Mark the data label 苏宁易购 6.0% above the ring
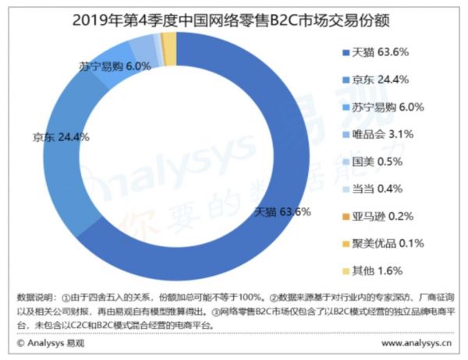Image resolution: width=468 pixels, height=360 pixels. pyautogui.click(x=115, y=67)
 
